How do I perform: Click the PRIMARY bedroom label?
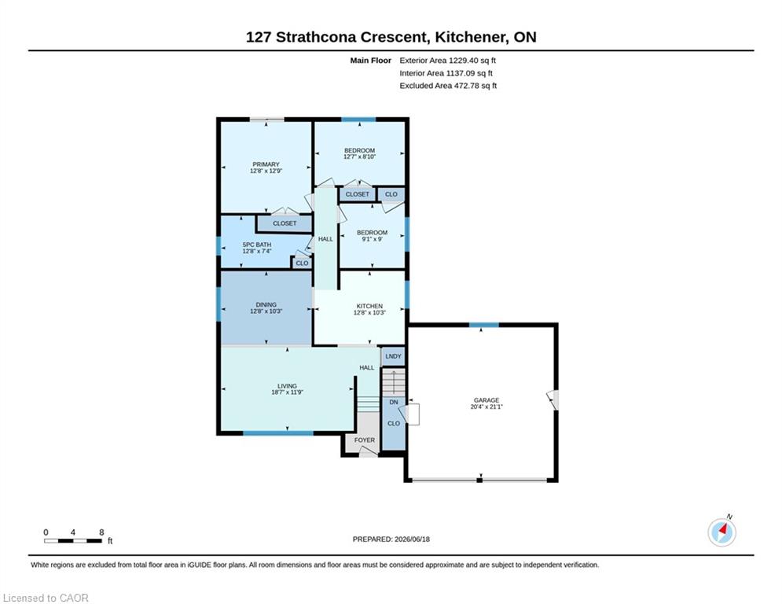[x=266, y=164]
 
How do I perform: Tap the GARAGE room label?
[x=486, y=400]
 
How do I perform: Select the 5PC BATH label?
[x=257, y=245]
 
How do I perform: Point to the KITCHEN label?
[x=369, y=306]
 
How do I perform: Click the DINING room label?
[x=266, y=304]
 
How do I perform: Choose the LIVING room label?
[x=288, y=386]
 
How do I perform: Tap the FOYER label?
[x=365, y=440]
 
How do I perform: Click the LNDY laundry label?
[x=394, y=356]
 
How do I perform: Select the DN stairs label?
[x=394, y=403]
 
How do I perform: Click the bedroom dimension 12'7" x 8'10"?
[x=360, y=157]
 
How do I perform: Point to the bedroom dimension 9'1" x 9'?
[x=372, y=239]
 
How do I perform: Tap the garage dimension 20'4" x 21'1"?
[x=486, y=407]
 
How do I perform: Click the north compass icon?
[x=721, y=532]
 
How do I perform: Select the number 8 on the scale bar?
[x=101, y=532]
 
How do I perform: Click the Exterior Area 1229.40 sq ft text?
[x=447, y=61]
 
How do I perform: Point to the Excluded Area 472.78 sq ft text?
[x=448, y=86]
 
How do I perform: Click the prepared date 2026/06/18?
[x=412, y=539]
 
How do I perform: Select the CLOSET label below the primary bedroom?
[x=285, y=223]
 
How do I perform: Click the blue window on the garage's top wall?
[x=484, y=325]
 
